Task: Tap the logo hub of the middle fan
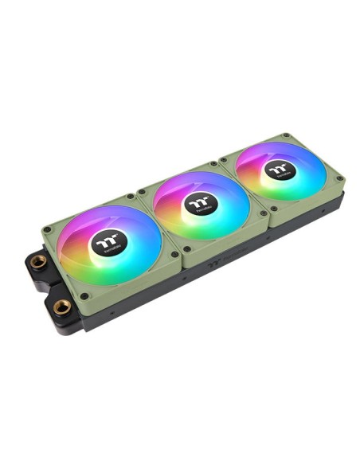tap(199, 203)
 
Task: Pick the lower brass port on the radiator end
tap(62, 305)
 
